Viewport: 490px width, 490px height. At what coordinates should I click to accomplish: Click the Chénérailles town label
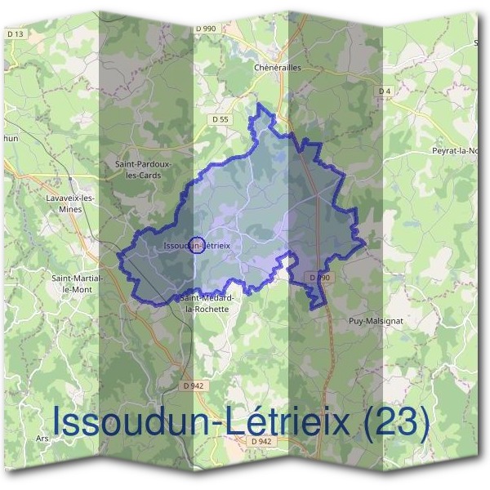tap(278, 68)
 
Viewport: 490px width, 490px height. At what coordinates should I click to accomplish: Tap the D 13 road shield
tap(15, 33)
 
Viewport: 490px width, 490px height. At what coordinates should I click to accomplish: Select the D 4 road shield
tap(385, 90)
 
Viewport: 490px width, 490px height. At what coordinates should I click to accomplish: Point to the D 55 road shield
tap(219, 118)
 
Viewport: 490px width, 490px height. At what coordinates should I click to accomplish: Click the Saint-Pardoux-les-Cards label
tap(144, 169)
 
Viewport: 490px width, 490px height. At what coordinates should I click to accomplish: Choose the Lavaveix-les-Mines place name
tap(70, 203)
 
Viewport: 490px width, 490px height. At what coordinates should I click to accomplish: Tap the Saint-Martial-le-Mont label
tap(76, 283)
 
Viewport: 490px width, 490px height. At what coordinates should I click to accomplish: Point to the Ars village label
tap(42, 439)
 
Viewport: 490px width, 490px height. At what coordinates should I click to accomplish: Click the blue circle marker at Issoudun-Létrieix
tap(196, 244)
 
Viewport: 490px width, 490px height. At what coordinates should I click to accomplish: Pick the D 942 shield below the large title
tap(261, 442)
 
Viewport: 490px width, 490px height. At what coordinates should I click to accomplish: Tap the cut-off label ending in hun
tap(11, 140)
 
